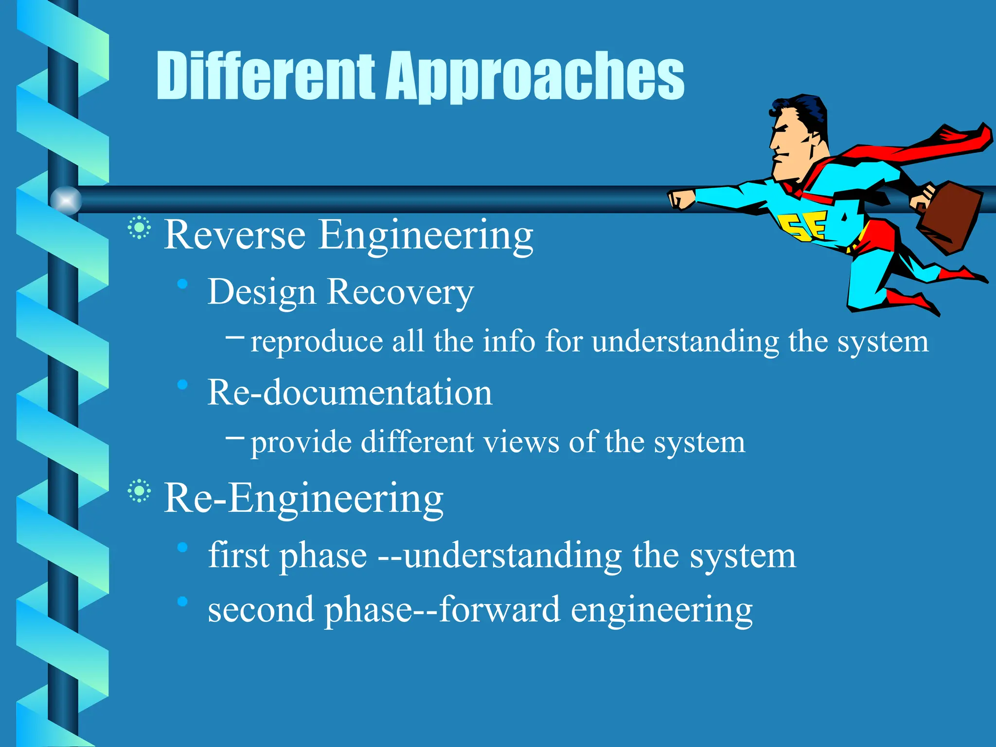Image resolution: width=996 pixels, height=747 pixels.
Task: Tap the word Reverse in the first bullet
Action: pos(235,235)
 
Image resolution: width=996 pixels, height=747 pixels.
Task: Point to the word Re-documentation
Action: pos(350,392)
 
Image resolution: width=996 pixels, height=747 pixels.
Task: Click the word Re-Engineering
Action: pos(303,498)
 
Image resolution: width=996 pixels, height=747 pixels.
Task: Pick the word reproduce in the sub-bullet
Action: pos(316,342)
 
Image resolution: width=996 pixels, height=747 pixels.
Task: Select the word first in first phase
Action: pos(238,555)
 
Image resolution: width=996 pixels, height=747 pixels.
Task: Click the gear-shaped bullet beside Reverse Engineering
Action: pos(139,228)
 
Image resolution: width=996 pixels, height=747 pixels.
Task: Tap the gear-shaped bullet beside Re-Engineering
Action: pos(139,491)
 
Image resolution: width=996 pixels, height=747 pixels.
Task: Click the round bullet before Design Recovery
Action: pos(183,284)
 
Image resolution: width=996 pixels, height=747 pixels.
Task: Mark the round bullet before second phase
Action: pos(183,602)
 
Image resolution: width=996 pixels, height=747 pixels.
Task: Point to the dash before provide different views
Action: pos(235,437)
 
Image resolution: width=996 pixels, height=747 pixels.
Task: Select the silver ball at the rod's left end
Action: pos(66,200)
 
